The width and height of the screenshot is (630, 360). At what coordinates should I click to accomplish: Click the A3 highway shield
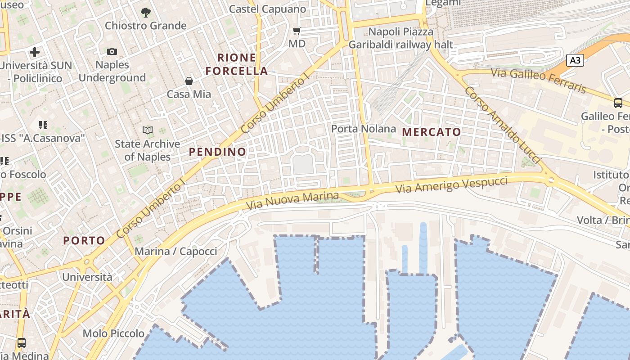pyautogui.click(x=575, y=60)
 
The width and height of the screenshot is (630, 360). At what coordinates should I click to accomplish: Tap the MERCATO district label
pyautogui.click(x=432, y=132)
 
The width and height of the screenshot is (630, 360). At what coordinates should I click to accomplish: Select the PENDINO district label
pyautogui.click(x=217, y=152)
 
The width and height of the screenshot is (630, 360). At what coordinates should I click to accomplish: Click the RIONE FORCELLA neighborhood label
pyautogui.click(x=237, y=64)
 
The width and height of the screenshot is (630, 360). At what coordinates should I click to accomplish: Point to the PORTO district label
pyautogui.click(x=84, y=241)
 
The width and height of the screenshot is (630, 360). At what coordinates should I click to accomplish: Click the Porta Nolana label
pyautogui.click(x=364, y=129)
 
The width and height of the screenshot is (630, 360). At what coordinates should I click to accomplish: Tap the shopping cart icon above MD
pyautogui.click(x=297, y=31)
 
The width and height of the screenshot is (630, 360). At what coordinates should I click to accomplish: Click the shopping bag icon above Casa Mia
pyautogui.click(x=189, y=81)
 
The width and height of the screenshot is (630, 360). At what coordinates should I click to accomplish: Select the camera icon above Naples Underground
pyautogui.click(x=112, y=52)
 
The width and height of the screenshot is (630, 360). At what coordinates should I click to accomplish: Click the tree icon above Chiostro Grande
pyautogui.click(x=145, y=12)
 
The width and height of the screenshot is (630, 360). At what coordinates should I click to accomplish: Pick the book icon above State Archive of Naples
pyautogui.click(x=148, y=130)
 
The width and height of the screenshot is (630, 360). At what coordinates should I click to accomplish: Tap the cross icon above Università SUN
pyautogui.click(x=35, y=52)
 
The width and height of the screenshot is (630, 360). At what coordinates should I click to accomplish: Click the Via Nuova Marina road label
pyautogui.click(x=292, y=201)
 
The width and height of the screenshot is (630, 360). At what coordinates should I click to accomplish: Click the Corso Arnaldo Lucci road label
pyautogui.click(x=502, y=125)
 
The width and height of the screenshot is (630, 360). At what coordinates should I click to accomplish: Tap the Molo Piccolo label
pyautogui.click(x=113, y=333)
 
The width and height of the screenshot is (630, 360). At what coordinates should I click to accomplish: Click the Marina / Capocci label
pyautogui.click(x=176, y=251)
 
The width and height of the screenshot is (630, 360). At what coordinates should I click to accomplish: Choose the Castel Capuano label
pyautogui.click(x=267, y=9)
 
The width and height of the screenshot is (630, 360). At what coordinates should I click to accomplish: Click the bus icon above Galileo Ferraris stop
pyautogui.click(x=618, y=103)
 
